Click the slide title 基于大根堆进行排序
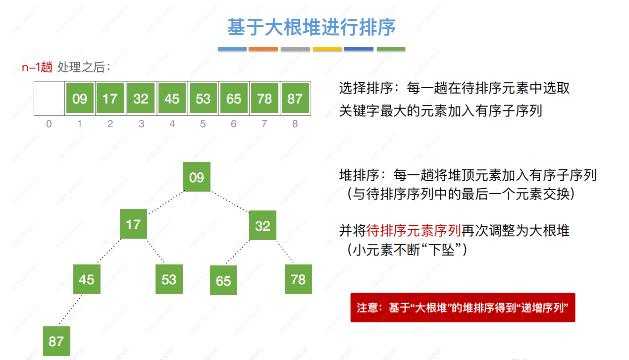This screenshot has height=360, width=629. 312,27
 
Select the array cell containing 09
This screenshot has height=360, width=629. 79,99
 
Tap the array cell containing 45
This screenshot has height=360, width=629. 172,99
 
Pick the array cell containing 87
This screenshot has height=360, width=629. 295,99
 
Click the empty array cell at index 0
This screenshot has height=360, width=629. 49,99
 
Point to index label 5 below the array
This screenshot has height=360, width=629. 203,124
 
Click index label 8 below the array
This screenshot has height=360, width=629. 295,124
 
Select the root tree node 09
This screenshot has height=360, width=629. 197,177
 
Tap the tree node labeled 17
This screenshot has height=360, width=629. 133,224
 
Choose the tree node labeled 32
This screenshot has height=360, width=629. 262,225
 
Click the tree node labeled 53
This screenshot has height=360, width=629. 169,279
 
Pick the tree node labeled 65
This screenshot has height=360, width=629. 223,280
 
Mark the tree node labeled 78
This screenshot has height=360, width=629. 298,279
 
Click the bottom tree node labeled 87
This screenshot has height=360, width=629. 56,341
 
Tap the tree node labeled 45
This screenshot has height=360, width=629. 87,279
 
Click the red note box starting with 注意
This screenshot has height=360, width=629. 463,308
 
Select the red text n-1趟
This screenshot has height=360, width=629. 37,68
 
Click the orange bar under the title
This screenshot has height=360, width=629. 263,49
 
